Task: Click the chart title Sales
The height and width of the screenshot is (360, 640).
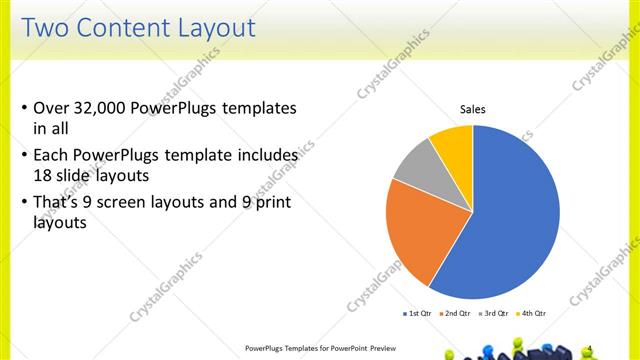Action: pyautogui.click(x=472, y=109)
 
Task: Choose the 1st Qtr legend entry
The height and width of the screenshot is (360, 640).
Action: pyautogui.click(x=418, y=314)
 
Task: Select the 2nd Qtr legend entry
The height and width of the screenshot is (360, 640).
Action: pyautogui.click(x=456, y=314)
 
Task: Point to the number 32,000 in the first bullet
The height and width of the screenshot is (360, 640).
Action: pyautogui.click(x=106, y=108)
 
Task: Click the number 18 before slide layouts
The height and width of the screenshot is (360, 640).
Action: pyautogui.click(x=44, y=174)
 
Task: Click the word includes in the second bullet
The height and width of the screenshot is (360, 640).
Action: pyautogui.click(x=267, y=156)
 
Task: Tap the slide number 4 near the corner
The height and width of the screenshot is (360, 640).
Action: pyautogui.click(x=619, y=346)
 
